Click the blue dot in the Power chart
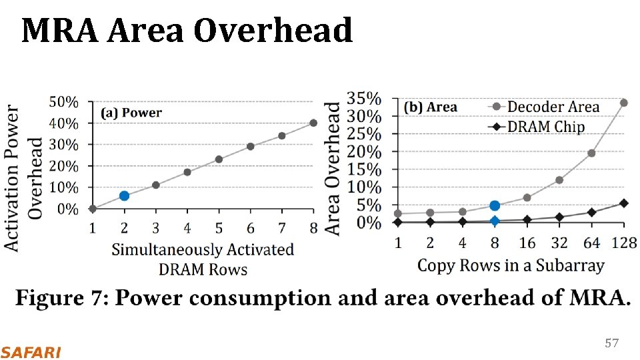click(124, 195)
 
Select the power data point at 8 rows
click(313, 123)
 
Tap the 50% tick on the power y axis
click(63, 102)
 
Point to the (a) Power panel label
click(131, 113)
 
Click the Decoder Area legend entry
click(553, 107)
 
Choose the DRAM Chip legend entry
click(546, 127)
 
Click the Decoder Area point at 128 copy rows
click(623, 103)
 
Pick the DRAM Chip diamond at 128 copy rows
click(623, 203)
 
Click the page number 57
click(611, 343)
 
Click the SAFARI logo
click(31, 352)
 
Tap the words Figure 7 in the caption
click(61, 298)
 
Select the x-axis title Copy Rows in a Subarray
click(511, 265)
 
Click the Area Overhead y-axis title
click(333, 167)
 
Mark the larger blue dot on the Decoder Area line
click(495, 206)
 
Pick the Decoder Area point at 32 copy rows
click(559, 180)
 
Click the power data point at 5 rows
click(219, 159)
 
